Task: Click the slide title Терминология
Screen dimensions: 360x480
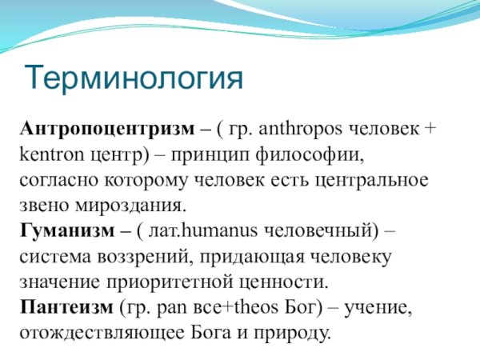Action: click(133, 77)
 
